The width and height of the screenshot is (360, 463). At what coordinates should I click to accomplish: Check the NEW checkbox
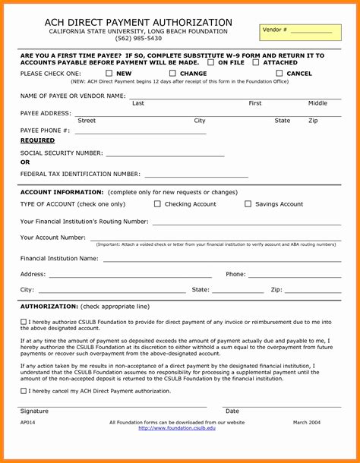109,74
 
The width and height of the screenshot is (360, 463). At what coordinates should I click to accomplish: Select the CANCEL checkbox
279,74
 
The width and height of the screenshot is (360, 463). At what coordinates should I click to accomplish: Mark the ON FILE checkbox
210,62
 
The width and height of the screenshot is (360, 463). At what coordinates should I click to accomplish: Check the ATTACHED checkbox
256,62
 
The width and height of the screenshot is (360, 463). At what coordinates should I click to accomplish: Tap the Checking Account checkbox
157,204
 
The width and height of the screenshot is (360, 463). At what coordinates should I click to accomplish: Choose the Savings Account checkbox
248,204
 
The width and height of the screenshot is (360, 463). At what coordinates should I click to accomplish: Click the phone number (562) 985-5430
138,38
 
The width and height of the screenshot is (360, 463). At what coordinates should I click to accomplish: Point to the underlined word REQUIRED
37,140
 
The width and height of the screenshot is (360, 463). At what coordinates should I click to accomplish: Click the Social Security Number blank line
165,154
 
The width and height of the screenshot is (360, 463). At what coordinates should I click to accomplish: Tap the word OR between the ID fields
25,162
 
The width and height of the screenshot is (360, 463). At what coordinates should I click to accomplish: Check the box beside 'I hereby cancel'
23,391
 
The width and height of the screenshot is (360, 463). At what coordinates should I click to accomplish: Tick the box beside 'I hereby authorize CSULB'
23,322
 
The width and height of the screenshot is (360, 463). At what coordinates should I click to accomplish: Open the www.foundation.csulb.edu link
177,428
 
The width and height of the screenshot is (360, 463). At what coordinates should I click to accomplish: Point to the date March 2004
308,421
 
